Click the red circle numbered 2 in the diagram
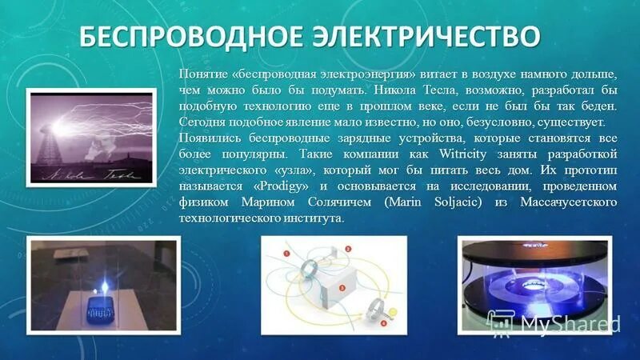[349, 249]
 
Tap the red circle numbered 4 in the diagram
[384, 324]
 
